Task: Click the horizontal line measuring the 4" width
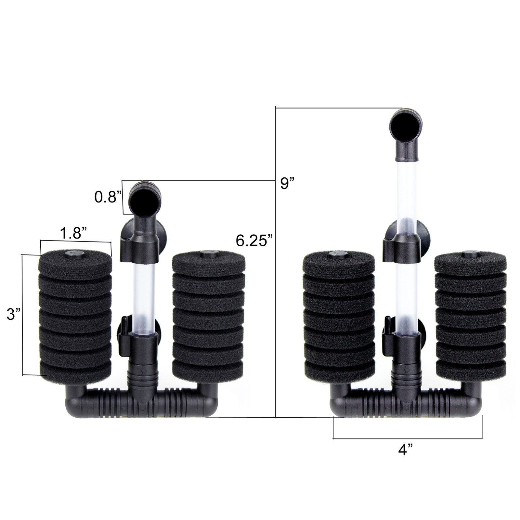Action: [x=408, y=439]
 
